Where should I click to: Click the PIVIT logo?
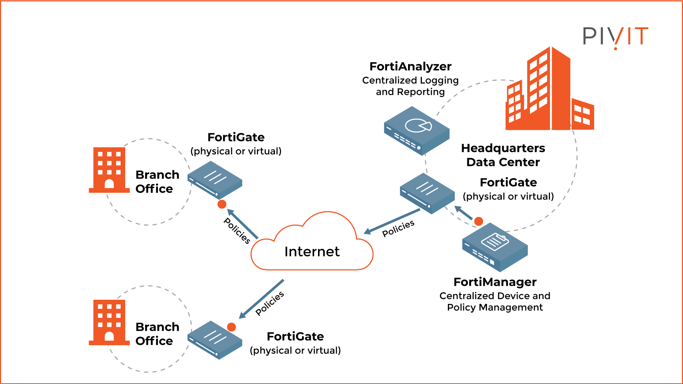(x=615, y=36)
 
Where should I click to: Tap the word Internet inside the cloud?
(x=312, y=252)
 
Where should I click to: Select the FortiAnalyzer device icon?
(x=417, y=131)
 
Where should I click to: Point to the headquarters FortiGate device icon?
(x=427, y=193)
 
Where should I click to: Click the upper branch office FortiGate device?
(x=215, y=180)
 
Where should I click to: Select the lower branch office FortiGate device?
(x=215, y=340)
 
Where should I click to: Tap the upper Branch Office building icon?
(x=109, y=170)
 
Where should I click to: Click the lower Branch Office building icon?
(x=109, y=322)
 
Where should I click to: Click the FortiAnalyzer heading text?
(x=410, y=66)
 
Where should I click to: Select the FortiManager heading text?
(x=495, y=282)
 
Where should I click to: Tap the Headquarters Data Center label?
(x=503, y=155)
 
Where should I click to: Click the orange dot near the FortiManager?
(x=479, y=221)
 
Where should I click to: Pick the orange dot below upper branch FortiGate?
(x=222, y=204)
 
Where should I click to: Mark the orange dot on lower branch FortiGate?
(x=232, y=327)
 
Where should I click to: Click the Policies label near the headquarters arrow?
(x=398, y=228)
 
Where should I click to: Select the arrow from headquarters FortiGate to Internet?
(x=391, y=222)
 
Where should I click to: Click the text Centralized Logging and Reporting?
(x=410, y=86)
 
